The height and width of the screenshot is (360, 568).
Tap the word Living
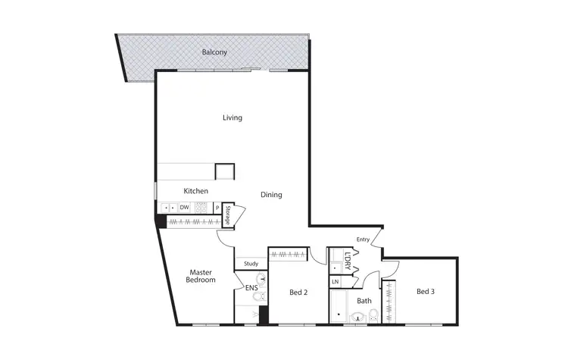coord(233,117)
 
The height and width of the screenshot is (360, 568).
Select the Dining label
coord(271,195)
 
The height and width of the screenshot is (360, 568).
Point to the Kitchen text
coord(196,191)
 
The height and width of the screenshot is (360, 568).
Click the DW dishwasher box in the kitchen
coord(184,207)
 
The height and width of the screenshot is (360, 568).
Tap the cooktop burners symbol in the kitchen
coord(201,207)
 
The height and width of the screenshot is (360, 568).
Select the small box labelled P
coord(217,207)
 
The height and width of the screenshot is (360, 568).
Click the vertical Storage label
coord(226,215)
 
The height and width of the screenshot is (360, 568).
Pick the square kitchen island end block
coord(225,171)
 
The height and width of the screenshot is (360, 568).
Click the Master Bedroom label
coord(201,276)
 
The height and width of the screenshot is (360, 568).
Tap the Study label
coord(251,264)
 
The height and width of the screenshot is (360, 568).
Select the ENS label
coord(250,288)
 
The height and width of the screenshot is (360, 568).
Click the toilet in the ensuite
coord(259,299)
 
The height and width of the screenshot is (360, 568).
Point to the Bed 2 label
coord(298,292)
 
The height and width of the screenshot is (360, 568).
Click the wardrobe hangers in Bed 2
coord(288,254)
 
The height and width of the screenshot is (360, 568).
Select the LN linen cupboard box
coord(335,282)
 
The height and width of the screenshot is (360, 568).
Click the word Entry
coord(363,239)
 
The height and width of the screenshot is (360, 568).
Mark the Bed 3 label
coord(426,291)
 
